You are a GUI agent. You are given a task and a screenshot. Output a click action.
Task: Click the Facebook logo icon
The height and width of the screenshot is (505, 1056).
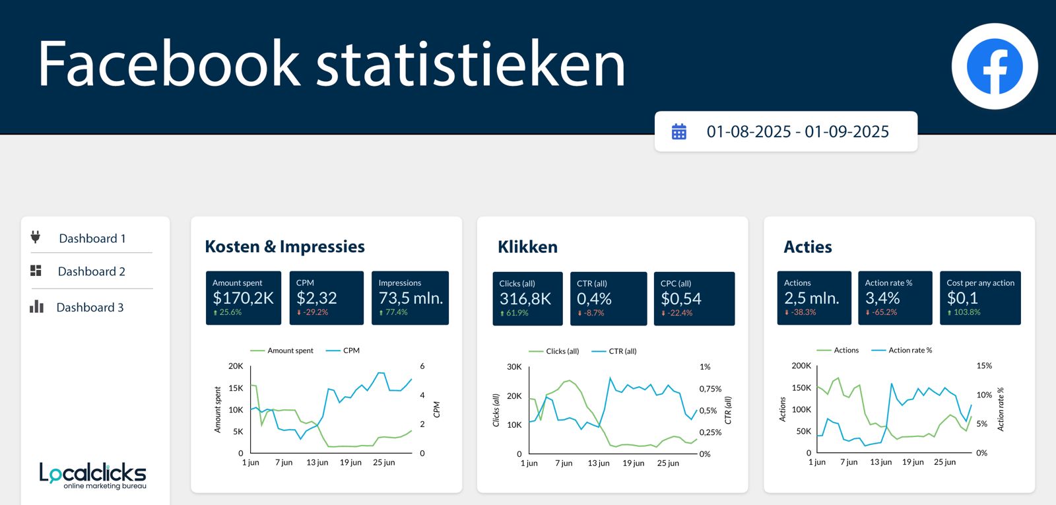[x=994, y=66]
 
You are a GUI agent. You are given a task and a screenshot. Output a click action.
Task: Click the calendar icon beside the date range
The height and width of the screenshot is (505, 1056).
[x=678, y=132]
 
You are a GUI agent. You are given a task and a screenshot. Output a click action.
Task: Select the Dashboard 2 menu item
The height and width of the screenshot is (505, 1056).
[x=91, y=271]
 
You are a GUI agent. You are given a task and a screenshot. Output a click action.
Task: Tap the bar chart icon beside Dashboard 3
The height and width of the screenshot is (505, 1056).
[x=36, y=307]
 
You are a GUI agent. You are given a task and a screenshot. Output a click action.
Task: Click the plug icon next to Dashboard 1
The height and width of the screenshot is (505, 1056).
[x=36, y=237]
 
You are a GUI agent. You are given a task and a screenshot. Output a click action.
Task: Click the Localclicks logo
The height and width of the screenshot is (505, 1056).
[x=92, y=475]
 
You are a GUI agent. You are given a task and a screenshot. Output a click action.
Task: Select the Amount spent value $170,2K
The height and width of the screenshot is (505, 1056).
[x=243, y=298]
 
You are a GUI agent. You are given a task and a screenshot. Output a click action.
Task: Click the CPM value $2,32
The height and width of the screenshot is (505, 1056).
[x=316, y=298]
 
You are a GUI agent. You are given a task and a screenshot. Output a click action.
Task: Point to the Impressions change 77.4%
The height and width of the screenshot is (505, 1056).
[x=396, y=312]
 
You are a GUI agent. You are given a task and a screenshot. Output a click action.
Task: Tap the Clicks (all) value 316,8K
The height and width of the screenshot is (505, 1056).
[x=525, y=299]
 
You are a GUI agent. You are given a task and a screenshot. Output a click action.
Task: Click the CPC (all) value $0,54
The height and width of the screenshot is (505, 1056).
[x=680, y=299]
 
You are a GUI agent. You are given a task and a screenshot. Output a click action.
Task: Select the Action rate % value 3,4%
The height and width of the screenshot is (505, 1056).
[x=882, y=298]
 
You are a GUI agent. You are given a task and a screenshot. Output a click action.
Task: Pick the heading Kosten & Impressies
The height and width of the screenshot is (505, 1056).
[x=284, y=247]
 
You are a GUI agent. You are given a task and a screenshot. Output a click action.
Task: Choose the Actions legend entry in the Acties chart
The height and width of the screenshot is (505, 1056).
[x=845, y=351]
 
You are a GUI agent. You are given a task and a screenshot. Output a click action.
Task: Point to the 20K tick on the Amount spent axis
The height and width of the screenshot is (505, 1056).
[x=236, y=366]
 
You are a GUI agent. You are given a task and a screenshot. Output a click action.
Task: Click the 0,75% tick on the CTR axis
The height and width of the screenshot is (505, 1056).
[x=710, y=389]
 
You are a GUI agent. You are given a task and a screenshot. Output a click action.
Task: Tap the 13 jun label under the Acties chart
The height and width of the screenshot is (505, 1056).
[x=880, y=462]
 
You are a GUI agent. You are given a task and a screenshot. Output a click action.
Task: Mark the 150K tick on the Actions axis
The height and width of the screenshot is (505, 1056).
[x=801, y=387]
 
